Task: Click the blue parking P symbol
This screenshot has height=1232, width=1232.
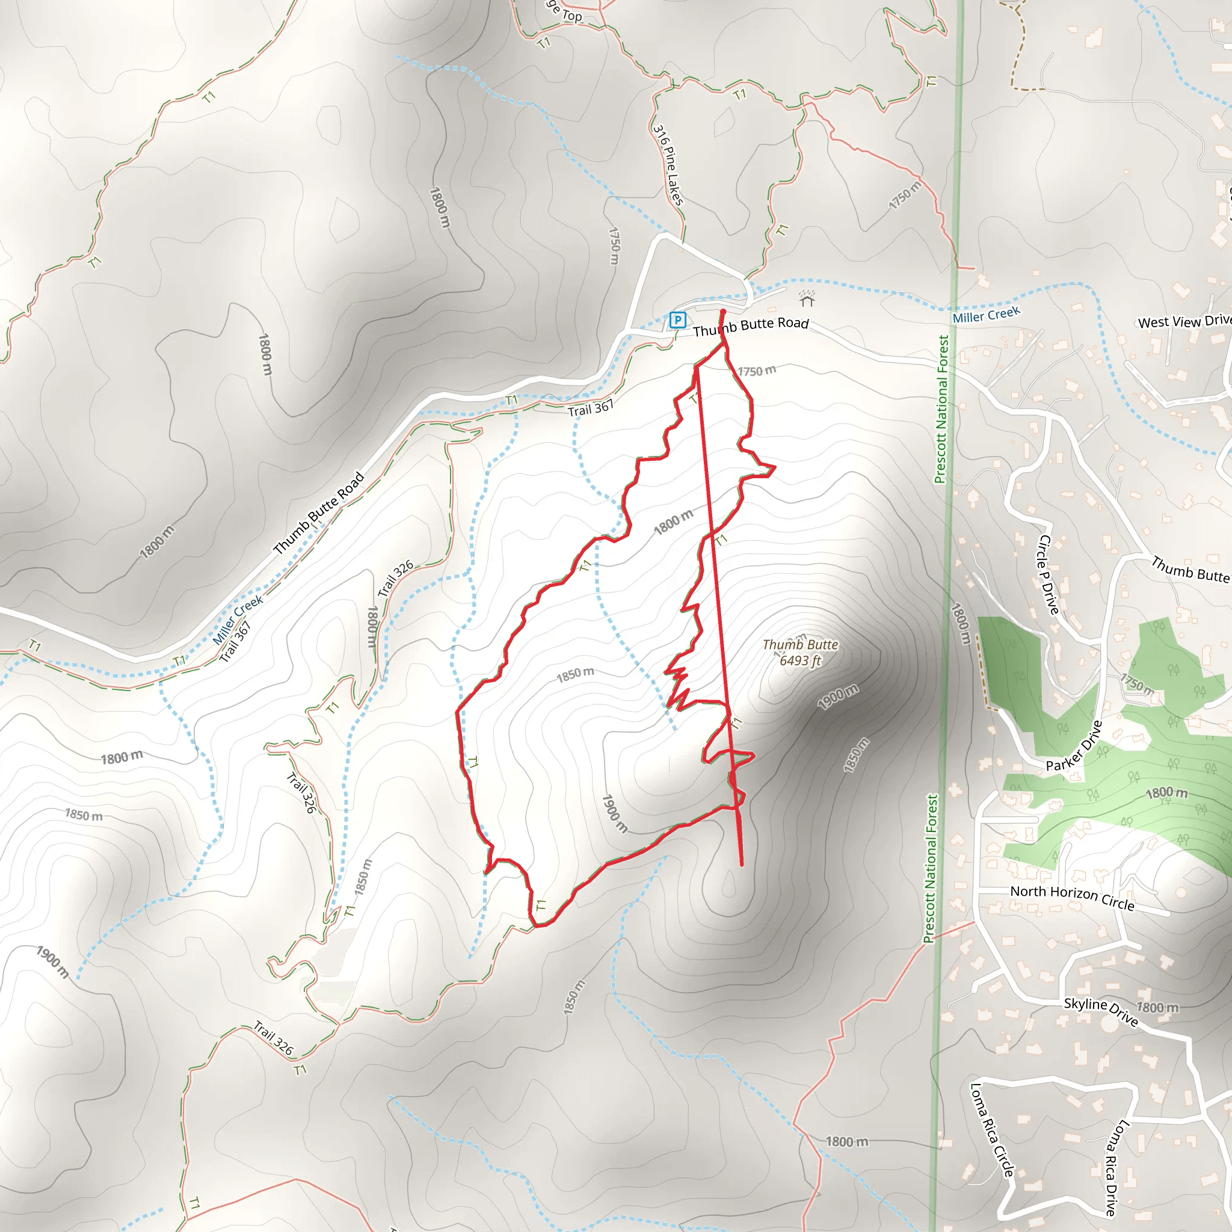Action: click(678, 319)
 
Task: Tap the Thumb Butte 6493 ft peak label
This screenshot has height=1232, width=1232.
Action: click(799, 652)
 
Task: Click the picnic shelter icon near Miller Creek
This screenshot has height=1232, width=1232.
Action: click(807, 298)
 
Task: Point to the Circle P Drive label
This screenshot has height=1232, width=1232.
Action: click(1049, 574)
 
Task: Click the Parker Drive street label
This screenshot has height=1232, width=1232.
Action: click(1074, 746)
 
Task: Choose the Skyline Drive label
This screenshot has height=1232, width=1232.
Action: click(1101, 1011)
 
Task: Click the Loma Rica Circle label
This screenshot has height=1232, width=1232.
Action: click(991, 1129)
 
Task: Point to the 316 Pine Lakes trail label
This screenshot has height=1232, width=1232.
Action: click(668, 164)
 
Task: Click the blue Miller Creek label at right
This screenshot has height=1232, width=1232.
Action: click(986, 315)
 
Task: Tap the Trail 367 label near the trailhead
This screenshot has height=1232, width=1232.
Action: click(591, 407)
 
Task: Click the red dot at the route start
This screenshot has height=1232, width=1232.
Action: click(722, 312)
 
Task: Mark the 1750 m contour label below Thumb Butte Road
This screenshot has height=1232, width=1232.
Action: click(757, 371)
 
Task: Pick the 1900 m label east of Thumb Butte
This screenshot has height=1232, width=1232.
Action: click(838, 697)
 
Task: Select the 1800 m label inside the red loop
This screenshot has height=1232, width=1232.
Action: click(673, 522)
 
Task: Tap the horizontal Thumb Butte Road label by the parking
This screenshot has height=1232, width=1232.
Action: click(751, 327)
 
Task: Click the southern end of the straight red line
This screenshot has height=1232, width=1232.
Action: click(742, 864)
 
